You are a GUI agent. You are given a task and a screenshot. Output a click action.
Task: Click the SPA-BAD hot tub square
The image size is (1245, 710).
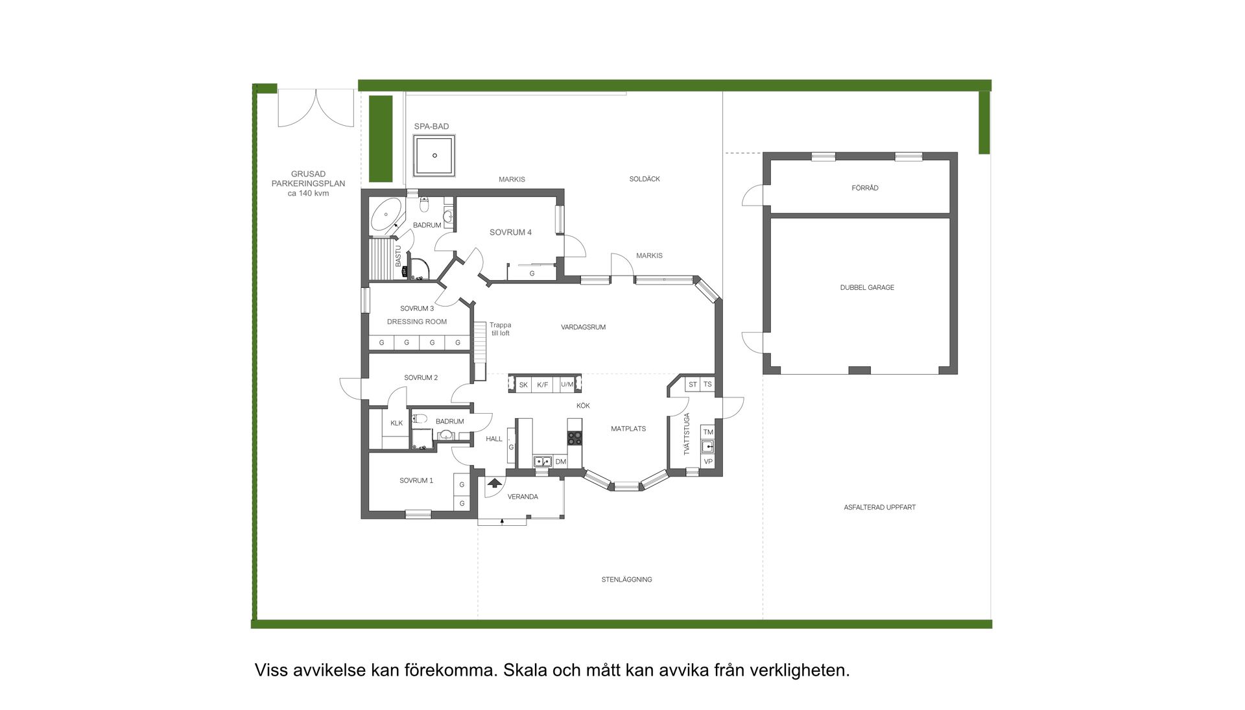[x=434, y=156]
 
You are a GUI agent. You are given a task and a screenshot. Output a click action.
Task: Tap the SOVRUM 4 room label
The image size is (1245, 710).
[x=510, y=232]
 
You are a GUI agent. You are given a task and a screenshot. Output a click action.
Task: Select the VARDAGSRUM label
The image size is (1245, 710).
[x=583, y=327]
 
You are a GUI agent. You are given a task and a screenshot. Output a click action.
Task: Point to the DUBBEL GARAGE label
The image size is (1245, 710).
[x=867, y=287]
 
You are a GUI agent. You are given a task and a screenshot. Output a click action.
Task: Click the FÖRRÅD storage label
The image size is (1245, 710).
[x=865, y=188]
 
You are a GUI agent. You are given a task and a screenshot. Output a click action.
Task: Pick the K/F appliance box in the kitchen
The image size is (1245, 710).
[x=543, y=385]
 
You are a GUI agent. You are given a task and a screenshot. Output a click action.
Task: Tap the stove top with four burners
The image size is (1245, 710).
[x=575, y=438]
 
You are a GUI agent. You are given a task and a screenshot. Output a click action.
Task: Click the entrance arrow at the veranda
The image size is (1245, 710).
[x=495, y=482]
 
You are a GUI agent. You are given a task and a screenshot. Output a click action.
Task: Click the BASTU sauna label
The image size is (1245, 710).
[x=398, y=255]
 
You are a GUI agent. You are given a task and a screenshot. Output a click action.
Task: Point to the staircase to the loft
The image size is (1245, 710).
[x=480, y=350]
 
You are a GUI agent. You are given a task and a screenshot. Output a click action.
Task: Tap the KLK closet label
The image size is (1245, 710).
[x=396, y=423]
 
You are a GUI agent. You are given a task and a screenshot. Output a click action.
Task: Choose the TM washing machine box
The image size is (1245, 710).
[x=708, y=432]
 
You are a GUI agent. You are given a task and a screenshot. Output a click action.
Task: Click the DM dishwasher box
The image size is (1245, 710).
[x=561, y=462]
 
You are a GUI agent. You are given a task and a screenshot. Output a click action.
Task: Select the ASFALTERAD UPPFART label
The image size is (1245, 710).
[x=879, y=508]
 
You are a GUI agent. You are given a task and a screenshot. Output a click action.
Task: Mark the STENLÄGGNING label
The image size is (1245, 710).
[x=626, y=580]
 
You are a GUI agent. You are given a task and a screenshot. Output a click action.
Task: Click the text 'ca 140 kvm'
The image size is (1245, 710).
[x=308, y=193]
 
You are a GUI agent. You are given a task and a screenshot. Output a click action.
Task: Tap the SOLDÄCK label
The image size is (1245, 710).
[x=645, y=179]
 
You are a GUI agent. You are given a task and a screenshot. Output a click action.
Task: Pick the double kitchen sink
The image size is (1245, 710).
[x=542, y=462]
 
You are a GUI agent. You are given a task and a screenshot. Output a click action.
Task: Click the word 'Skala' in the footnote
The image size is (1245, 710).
[x=525, y=670]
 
